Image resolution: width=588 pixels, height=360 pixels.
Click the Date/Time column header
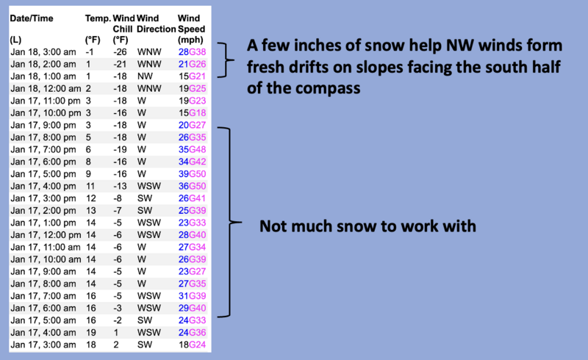point(32,18)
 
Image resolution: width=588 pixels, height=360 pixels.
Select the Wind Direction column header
point(156,24)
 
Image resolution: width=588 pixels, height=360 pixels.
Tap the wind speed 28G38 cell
point(192,51)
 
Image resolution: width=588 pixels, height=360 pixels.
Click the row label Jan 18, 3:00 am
point(43,51)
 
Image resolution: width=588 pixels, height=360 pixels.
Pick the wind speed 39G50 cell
point(192,174)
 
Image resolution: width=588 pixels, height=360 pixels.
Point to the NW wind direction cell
point(145,76)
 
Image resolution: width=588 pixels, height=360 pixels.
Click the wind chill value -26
point(120,51)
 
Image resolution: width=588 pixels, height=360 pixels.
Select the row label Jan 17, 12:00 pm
point(46,235)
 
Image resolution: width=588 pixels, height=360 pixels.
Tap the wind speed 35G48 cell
point(192,150)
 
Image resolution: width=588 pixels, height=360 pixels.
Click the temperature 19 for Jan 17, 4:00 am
point(90,333)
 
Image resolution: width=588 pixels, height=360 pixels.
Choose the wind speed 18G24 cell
point(192,345)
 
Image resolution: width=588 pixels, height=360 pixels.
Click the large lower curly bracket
point(230,223)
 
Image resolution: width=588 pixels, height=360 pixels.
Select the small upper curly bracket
point(226,60)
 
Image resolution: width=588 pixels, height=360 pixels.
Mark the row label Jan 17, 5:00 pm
point(43,174)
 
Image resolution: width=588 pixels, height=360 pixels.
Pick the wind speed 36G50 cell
point(192,186)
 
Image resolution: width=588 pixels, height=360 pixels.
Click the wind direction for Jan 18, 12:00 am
point(149,88)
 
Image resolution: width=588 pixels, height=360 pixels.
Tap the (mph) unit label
point(190,40)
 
